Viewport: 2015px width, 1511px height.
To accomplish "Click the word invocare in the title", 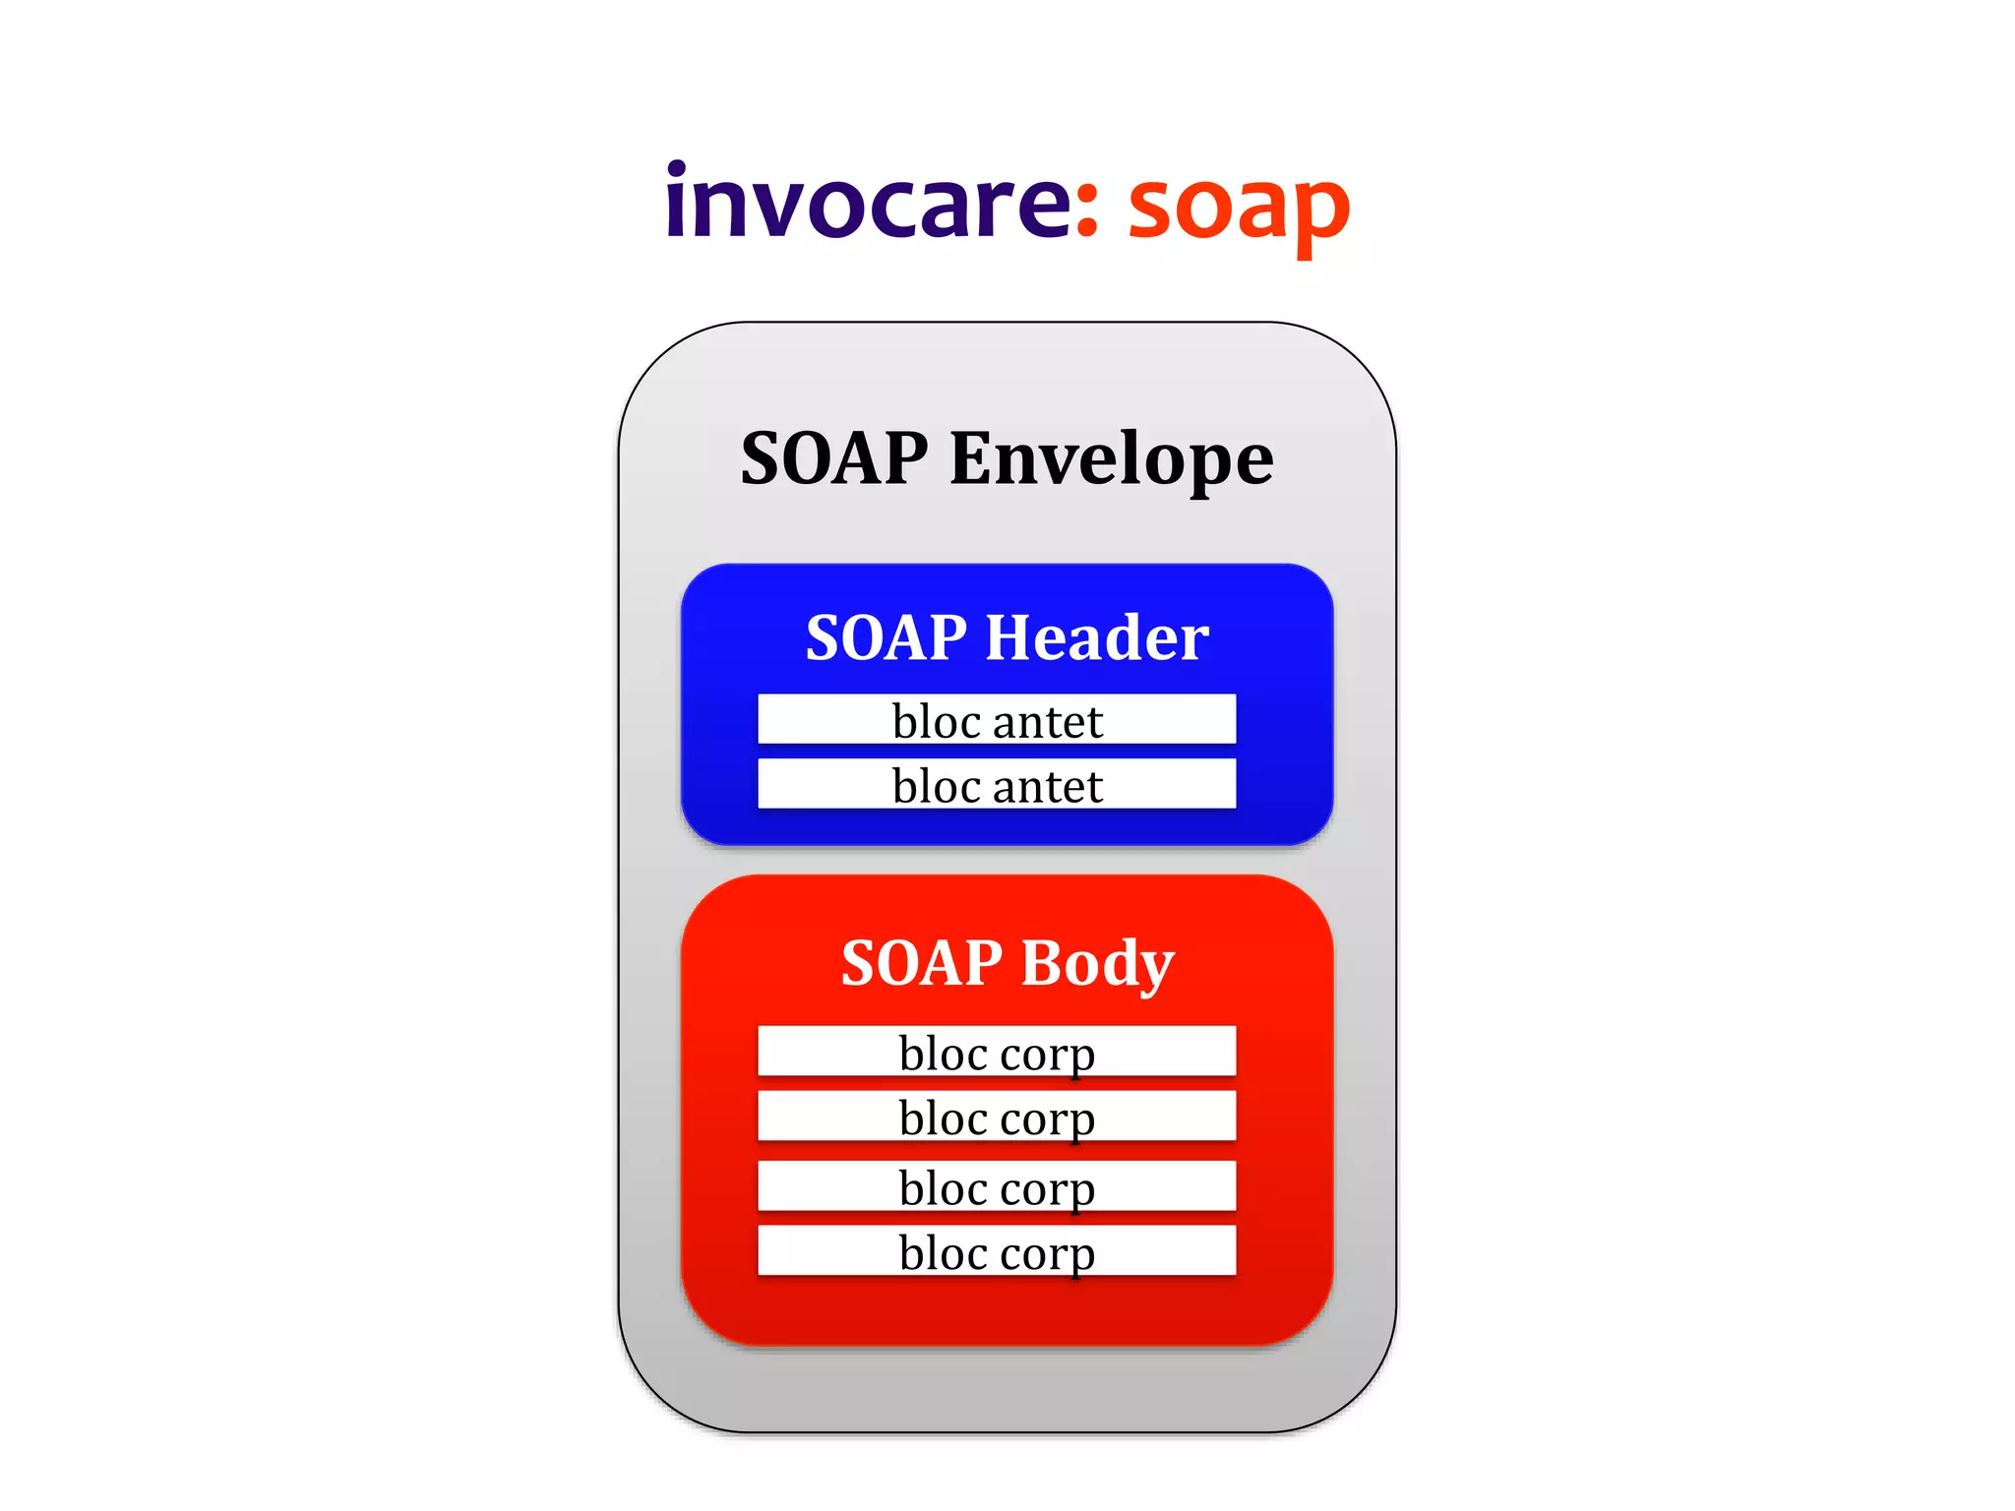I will click(866, 202).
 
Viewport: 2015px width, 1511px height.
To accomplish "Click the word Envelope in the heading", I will click(1111, 459).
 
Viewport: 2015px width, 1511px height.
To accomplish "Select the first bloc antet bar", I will click(997, 720).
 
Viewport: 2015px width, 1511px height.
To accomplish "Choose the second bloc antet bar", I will click(997, 784).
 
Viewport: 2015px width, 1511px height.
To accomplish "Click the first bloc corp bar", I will click(997, 1052).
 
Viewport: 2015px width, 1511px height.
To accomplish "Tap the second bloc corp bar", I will click(997, 1117).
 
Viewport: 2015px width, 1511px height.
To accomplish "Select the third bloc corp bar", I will click(997, 1186).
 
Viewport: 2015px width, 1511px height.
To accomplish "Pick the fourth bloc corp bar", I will click(997, 1251).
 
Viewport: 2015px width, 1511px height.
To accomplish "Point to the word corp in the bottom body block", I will click(1048, 1254).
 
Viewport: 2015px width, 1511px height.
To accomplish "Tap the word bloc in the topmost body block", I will click(943, 1053).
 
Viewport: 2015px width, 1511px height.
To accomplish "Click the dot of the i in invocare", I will click(676, 169).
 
